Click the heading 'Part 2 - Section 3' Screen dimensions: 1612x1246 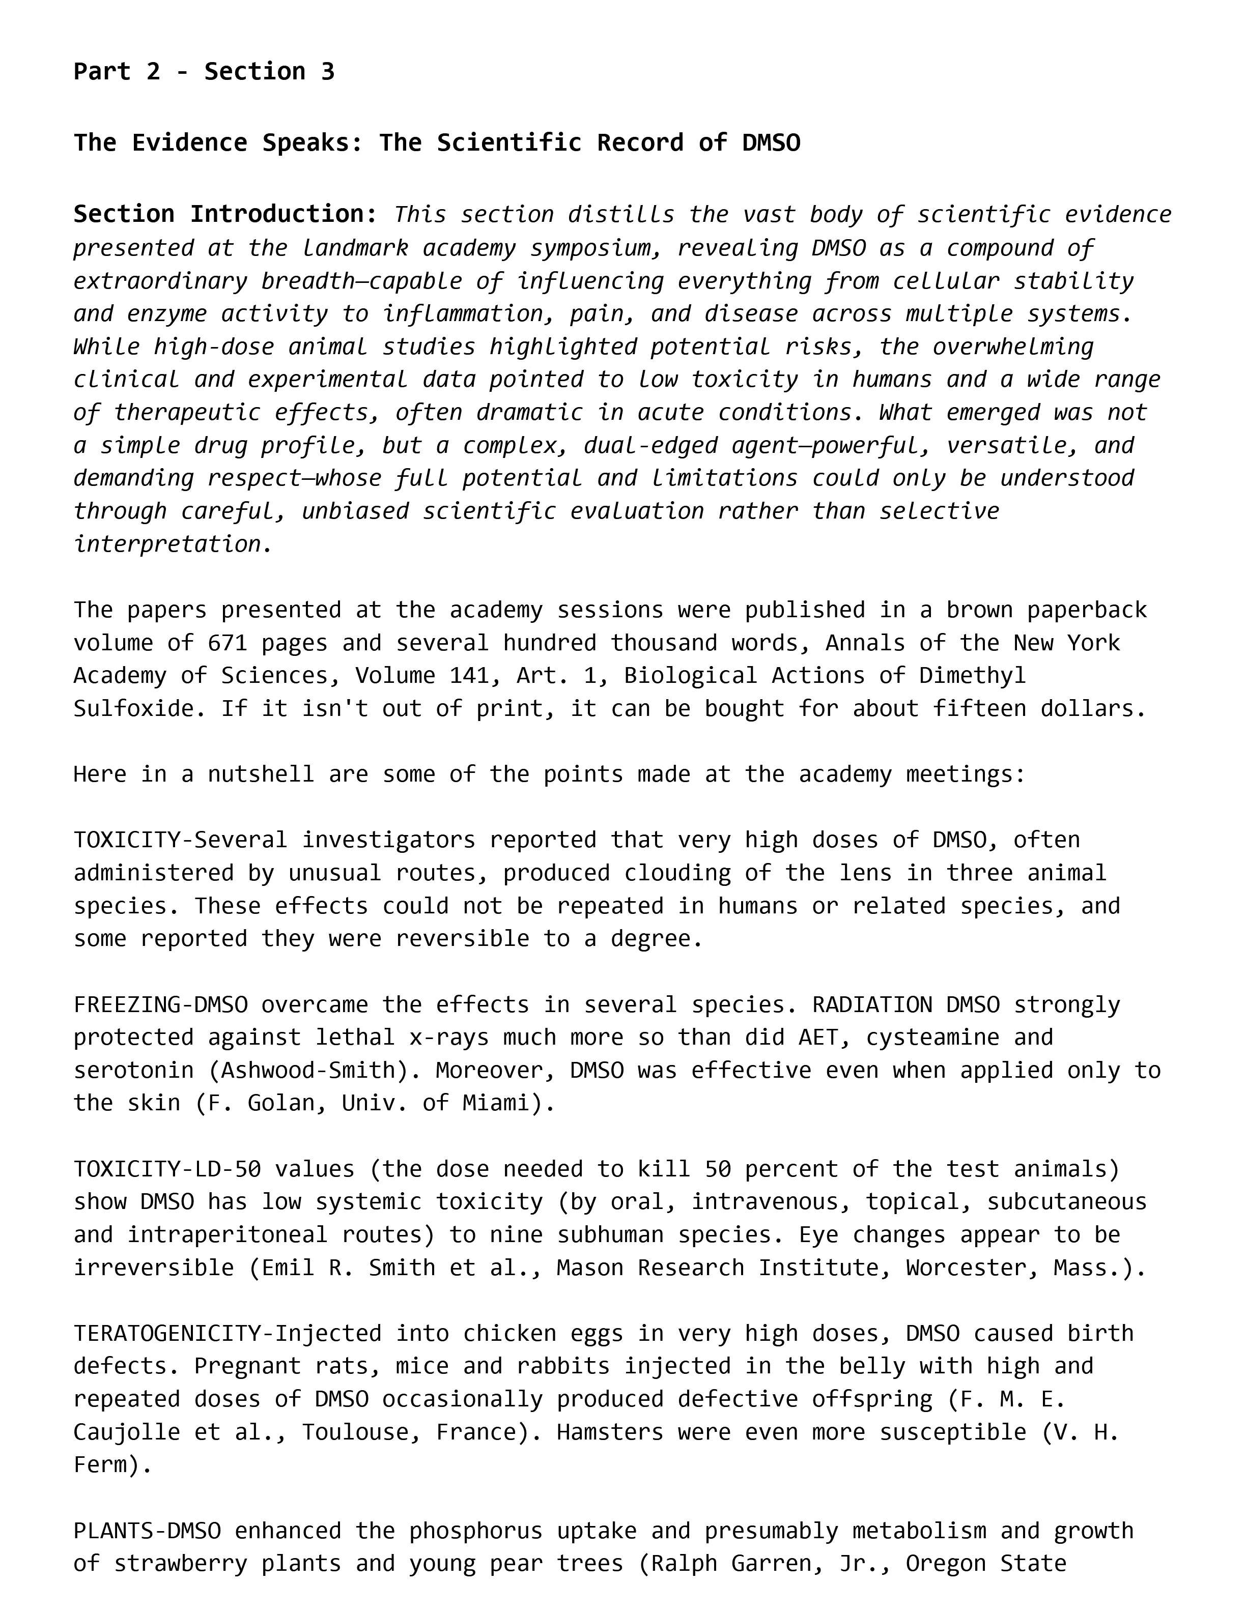(204, 72)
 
